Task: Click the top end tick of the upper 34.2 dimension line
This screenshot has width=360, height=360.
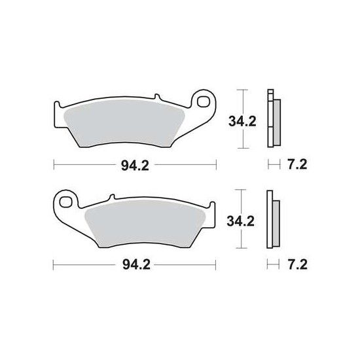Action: (243, 89)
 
